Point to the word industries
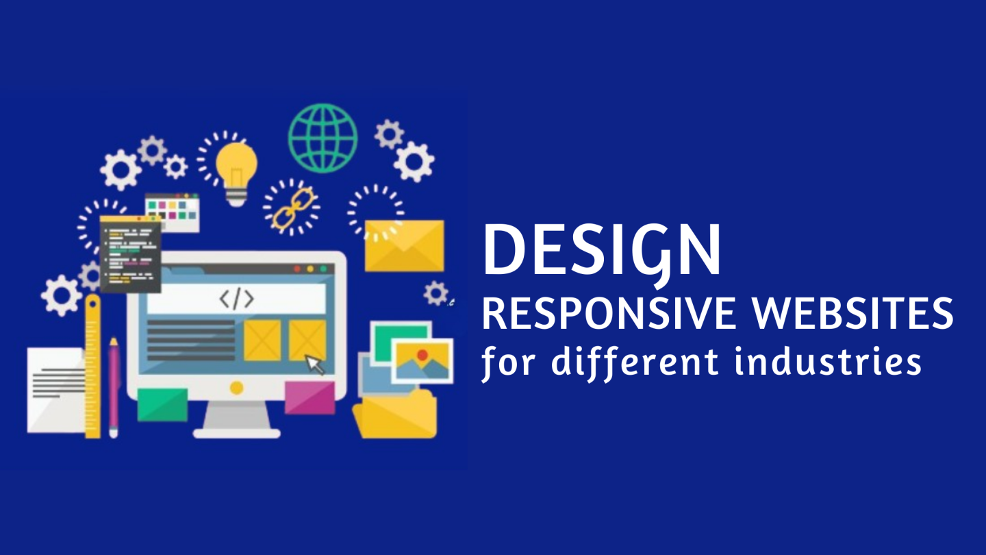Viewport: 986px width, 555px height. point(828,360)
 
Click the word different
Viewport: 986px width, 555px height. point(635,363)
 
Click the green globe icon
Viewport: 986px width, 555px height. point(323,138)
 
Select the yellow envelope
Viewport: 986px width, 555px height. point(405,245)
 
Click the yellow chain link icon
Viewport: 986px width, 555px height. point(292,207)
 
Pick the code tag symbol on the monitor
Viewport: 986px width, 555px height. point(237,299)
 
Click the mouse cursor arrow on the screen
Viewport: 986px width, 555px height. point(315,365)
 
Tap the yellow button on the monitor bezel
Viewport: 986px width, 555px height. point(237,388)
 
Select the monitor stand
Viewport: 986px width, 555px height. point(237,420)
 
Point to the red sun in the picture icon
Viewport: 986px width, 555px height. point(422,355)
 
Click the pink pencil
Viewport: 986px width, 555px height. point(114,388)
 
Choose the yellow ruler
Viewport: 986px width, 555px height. point(93,367)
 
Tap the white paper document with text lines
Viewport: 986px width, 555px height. point(56,391)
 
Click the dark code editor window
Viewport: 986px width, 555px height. point(130,254)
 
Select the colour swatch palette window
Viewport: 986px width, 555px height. point(172,212)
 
